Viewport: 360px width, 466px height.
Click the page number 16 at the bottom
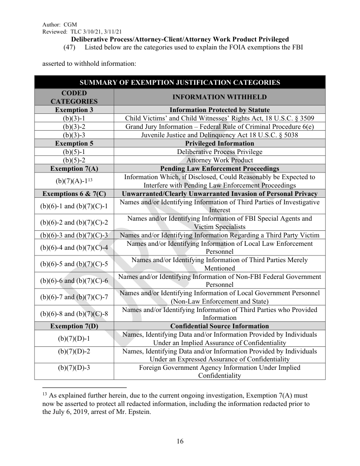[180, 442]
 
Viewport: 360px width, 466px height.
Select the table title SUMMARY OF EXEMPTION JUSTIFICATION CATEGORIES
[180, 82]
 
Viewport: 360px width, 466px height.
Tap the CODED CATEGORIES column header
[74, 97]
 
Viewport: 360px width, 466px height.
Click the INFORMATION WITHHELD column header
[219, 97]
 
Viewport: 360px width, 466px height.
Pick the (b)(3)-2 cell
[74, 127]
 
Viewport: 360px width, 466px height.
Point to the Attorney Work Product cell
[219, 160]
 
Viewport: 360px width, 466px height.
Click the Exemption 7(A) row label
[74, 169]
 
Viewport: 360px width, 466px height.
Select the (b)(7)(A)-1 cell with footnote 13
[74, 181]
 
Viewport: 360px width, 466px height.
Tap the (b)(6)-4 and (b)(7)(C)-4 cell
[74, 247]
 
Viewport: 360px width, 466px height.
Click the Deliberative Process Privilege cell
[219, 152]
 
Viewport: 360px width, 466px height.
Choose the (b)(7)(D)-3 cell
[74, 367]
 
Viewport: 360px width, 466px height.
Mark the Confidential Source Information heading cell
[219, 326]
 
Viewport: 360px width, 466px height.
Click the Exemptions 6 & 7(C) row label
[74, 194]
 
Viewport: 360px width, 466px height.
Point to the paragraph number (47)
[70, 47]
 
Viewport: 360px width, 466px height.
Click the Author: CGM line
[60, 24]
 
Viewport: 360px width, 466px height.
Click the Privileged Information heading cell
[219, 143]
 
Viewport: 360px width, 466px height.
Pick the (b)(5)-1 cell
[74, 152]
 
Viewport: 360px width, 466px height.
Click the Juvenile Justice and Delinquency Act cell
[219, 135]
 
